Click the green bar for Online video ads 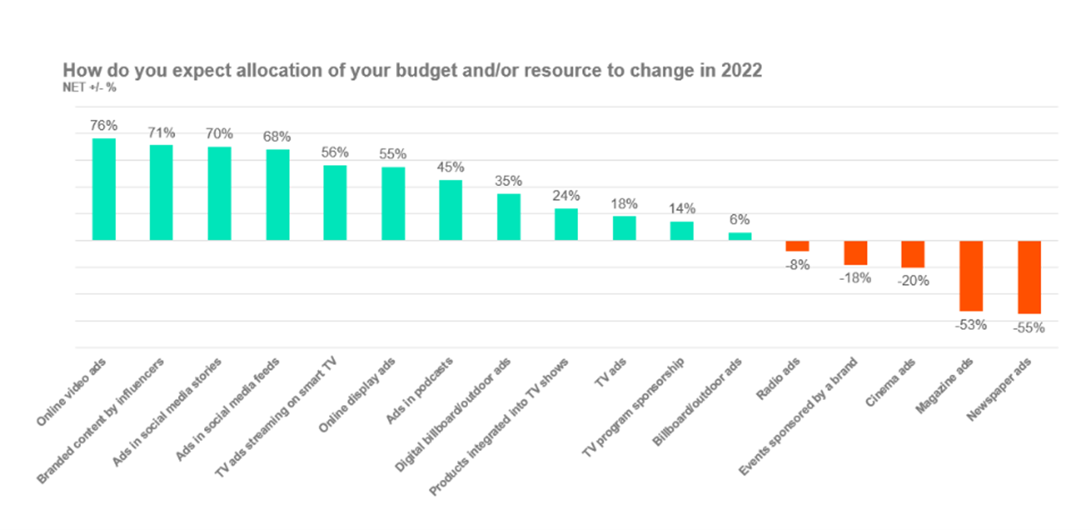coord(104,189)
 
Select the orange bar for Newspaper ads coord(1029,277)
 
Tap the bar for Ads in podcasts coord(451,210)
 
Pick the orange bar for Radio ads coord(797,246)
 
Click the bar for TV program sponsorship coord(682,231)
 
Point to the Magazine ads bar coord(971,276)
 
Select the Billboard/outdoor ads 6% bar coord(740,236)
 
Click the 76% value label coord(104,126)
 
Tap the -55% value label coord(1029,327)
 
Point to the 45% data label coord(451,167)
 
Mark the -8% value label coord(797,265)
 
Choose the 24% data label coord(566,196)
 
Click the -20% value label coord(913,281)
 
